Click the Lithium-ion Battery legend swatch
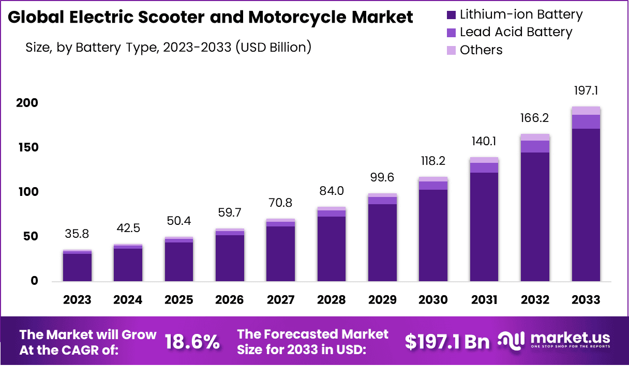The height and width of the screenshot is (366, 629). tap(451, 14)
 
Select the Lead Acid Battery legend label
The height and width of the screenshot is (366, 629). tap(516, 32)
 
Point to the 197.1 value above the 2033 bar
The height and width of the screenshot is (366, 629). tap(586, 91)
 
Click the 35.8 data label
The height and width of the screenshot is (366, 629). tap(78, 234)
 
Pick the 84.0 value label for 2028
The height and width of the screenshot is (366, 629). tap(332, 191)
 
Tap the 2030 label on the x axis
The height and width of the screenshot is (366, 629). tap(433, 300)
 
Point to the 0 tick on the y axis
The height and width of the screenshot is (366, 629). tap(34, 281)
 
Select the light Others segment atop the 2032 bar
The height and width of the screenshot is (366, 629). tap(535, 137)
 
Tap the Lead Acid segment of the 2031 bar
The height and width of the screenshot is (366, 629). tap(484, 167)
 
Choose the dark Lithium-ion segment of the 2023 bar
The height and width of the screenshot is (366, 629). tap(78, 267)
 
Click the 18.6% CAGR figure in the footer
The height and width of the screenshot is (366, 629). tap(192, 342)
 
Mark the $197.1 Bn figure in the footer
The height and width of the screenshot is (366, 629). tap(447, 342)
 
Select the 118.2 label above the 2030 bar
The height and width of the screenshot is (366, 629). tap(433, 161)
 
